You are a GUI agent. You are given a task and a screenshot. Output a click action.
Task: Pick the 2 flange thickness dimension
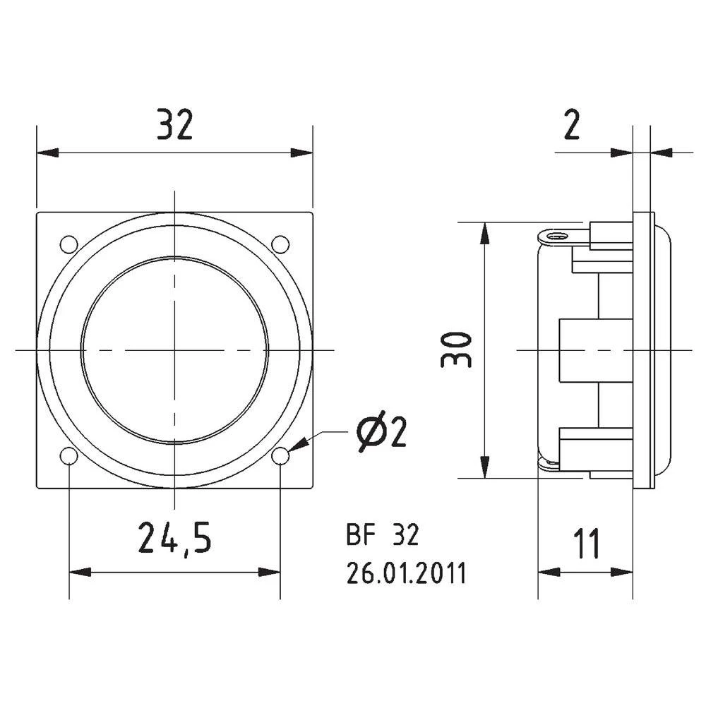point(571,125)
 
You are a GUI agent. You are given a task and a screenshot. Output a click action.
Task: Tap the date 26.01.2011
point(406,574)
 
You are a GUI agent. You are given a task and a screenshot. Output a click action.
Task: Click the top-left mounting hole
point(69,244)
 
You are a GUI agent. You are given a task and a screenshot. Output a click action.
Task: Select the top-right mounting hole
point(280,244)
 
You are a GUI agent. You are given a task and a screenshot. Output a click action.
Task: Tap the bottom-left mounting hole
point(69,457)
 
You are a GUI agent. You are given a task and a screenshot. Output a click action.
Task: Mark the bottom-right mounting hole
point(280,457)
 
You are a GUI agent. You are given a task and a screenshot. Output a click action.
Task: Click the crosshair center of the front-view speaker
point(174,349)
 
